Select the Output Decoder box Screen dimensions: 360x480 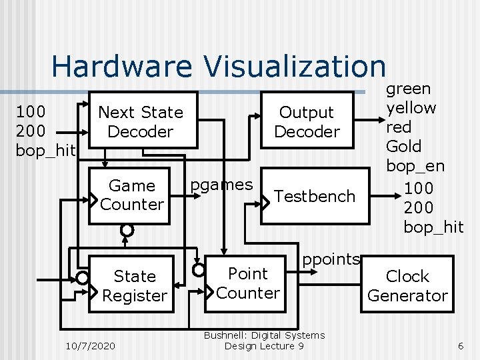coord(307,121)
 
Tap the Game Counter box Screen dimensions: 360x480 coord(131,195)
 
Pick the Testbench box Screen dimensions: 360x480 coord(315,196)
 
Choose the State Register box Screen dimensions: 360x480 coord(135,285)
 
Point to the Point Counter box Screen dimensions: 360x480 coord(248,283)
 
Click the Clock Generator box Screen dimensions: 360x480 coord(407,285)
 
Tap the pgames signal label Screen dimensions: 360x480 coord(221,184)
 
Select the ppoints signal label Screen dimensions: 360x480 coord(331,259)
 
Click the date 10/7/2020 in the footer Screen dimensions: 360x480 coord(91,345)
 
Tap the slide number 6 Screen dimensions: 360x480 coord(460,345)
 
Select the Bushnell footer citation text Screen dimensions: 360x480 coord(264,340)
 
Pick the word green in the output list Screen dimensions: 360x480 coord(409,88)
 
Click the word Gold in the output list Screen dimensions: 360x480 coord(404,146)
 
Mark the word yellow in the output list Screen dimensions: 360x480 coord(411,107)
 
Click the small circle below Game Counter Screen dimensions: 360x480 coord(127,230)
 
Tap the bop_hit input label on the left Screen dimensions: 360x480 coord(45,151)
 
